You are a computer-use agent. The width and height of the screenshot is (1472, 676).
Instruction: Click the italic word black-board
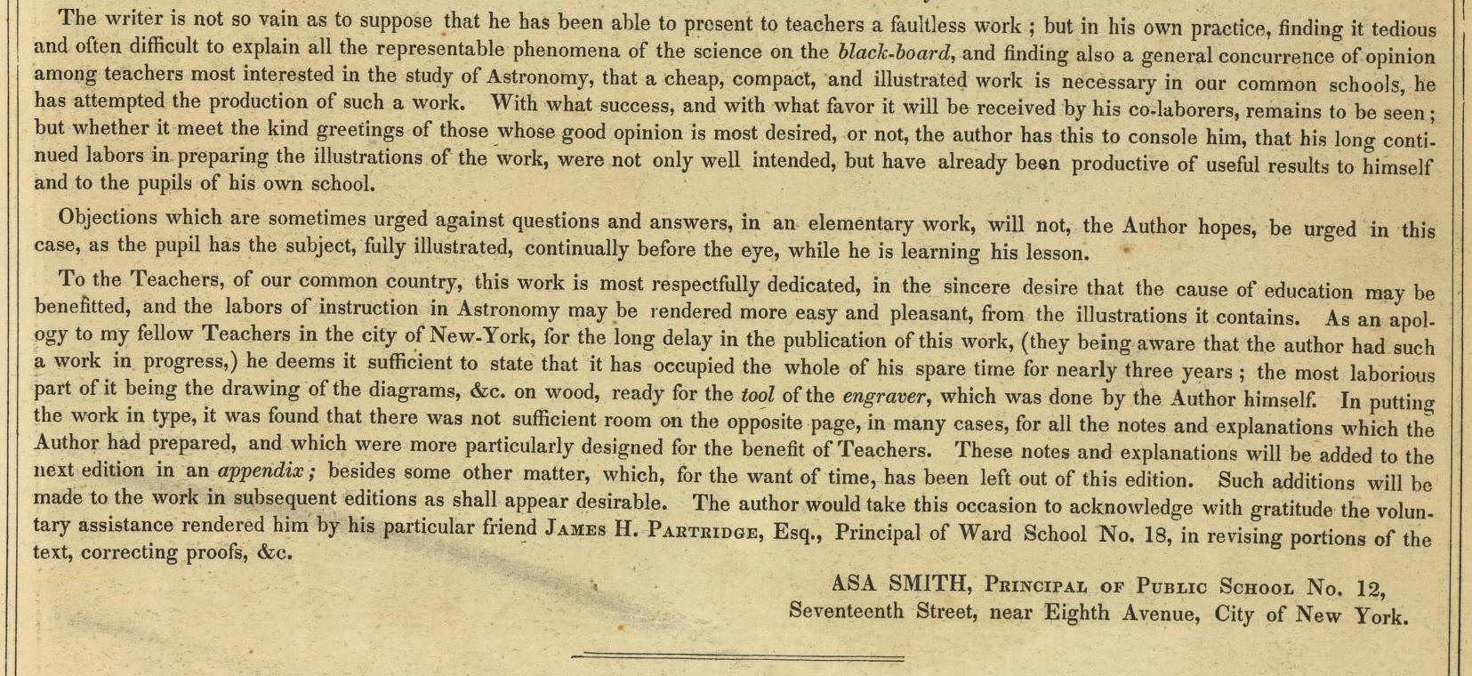coord(896,52)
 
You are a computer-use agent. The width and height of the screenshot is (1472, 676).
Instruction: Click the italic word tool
coord(757,395)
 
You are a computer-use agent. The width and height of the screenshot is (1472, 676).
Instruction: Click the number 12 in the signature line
coord(1367,587)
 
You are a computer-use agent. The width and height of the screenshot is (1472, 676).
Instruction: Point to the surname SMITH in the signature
coord(938,583)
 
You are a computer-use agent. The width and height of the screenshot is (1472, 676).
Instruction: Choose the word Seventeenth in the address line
coord(855,611)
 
